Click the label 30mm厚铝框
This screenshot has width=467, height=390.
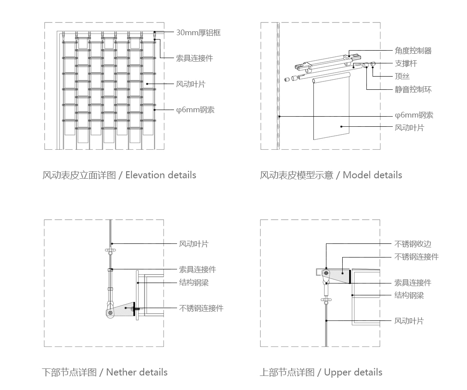(198, 33)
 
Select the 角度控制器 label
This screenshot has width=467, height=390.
(413, 51)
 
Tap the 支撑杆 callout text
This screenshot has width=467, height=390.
(405, 63)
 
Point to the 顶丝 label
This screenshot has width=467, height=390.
(402, 77)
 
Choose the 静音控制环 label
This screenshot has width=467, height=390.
(413, 89)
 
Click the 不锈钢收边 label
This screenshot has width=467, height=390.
(413, 244)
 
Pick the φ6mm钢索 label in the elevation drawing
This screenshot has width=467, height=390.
(195, 110)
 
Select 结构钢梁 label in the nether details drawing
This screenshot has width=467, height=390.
(194, 283)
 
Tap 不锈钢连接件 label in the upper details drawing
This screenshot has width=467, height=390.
(416, 257)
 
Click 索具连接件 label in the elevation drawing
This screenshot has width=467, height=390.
(194, 58)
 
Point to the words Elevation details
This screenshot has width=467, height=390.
(161, 175)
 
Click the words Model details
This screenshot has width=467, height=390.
(372, 175)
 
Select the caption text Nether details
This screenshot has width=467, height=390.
(137, 372)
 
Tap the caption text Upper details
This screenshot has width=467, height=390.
(353, 372)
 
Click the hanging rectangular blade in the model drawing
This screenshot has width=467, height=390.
(332, 110)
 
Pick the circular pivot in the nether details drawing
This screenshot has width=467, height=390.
(110, 313)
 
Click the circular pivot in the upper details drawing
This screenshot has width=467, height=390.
(326, 273)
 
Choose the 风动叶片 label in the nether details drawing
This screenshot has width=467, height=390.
(194, 244)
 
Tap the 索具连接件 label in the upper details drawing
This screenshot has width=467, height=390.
(413, 283)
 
